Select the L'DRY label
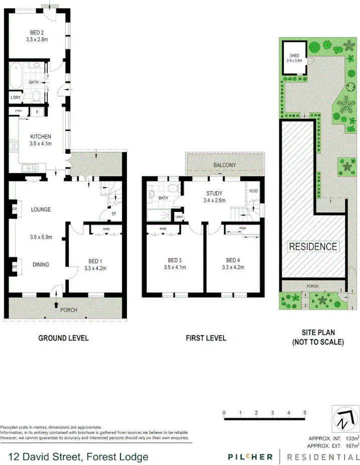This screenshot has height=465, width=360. (16, 98)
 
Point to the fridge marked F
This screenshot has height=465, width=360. (37, 111)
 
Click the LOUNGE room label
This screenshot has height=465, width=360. (41, 209)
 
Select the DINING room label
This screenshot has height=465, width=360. (41, 265)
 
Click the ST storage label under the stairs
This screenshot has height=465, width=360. (101, 212)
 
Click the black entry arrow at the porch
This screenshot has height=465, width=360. (56, 304)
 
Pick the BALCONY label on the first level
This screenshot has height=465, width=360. (224, 165)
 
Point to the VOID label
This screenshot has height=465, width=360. (253, 191)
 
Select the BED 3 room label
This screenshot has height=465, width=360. (174, 260)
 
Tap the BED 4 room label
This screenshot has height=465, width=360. (233, 260)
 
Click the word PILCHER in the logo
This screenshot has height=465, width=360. (250, 456)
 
